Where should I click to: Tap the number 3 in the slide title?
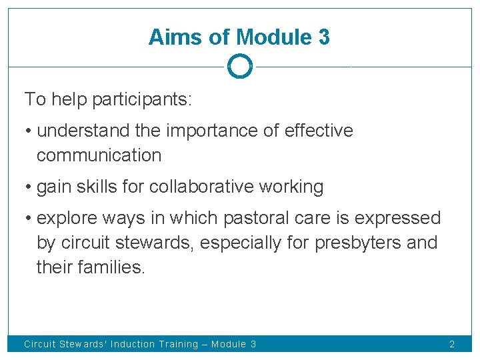[x=323, y=37]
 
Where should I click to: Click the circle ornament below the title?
[x=239, y=67]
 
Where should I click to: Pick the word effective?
[x=319, y=131]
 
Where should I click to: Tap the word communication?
[x=99, y=155]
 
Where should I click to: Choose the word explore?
[x=64, y=218]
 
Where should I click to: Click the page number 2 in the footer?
[x=452, y=344]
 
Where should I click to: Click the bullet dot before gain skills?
[x=28, y=187]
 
